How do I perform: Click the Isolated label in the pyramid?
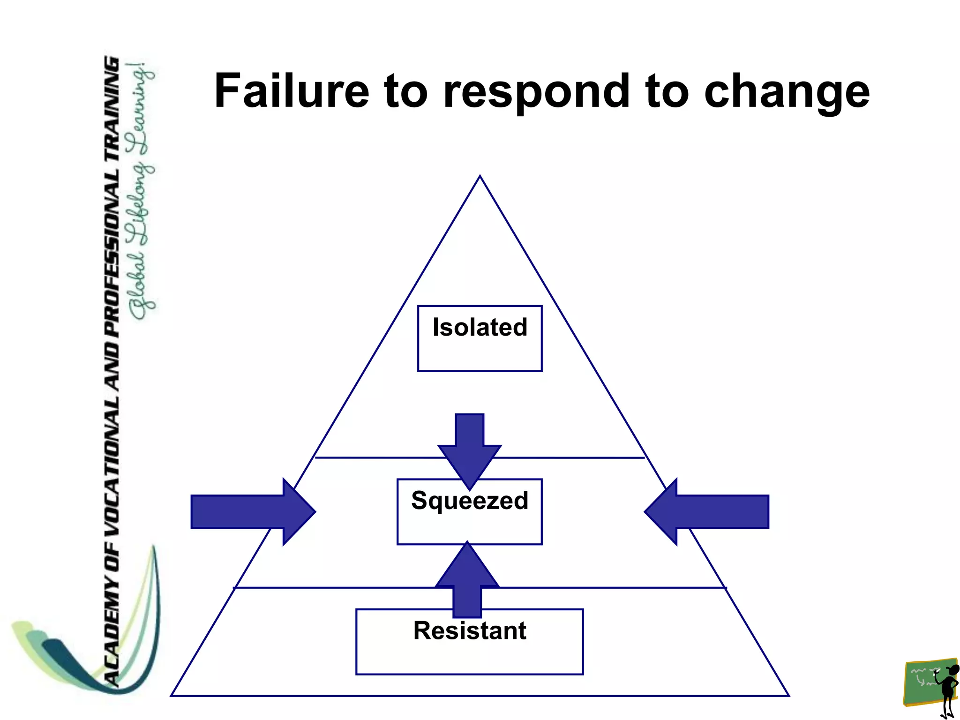point(480,327)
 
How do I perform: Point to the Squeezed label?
point(470,500)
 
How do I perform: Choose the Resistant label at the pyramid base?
point(470,630)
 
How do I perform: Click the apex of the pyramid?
point(480,177)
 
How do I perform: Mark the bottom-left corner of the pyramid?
point(172,695)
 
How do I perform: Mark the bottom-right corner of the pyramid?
point(788,695)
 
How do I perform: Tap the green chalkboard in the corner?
point(922,682)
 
